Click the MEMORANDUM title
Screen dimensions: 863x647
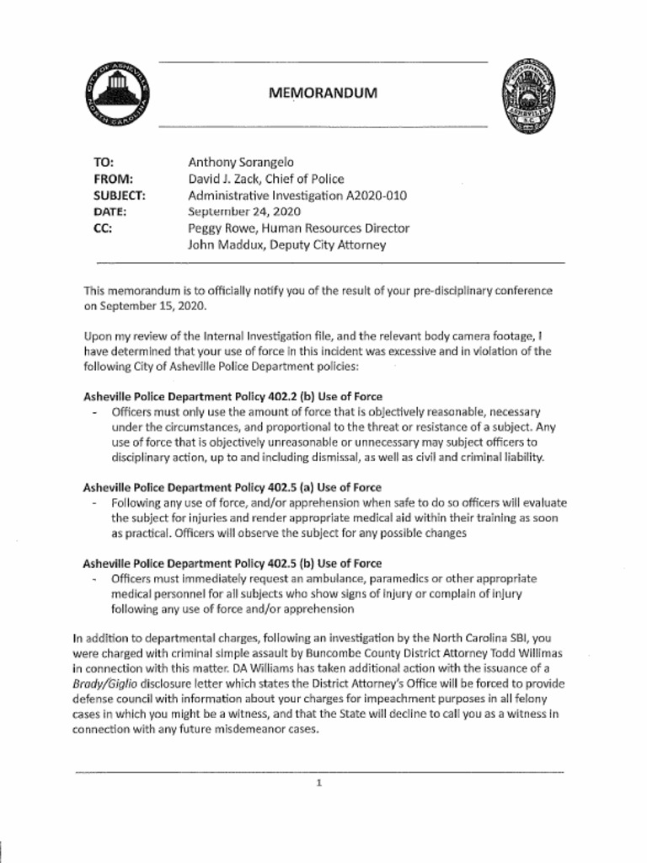click(323, 94)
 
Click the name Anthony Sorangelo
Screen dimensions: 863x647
click(241, 162)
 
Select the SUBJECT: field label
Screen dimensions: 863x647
click(120, 196)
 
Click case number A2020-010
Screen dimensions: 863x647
click(377, 196)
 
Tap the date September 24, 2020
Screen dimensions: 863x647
click(244, 212)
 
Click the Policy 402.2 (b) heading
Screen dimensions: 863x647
click(233, 396)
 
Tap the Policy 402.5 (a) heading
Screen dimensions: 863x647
click(233, 487)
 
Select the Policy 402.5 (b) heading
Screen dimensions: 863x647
click(233, 563)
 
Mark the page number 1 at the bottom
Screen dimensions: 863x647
click(319, 783)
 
